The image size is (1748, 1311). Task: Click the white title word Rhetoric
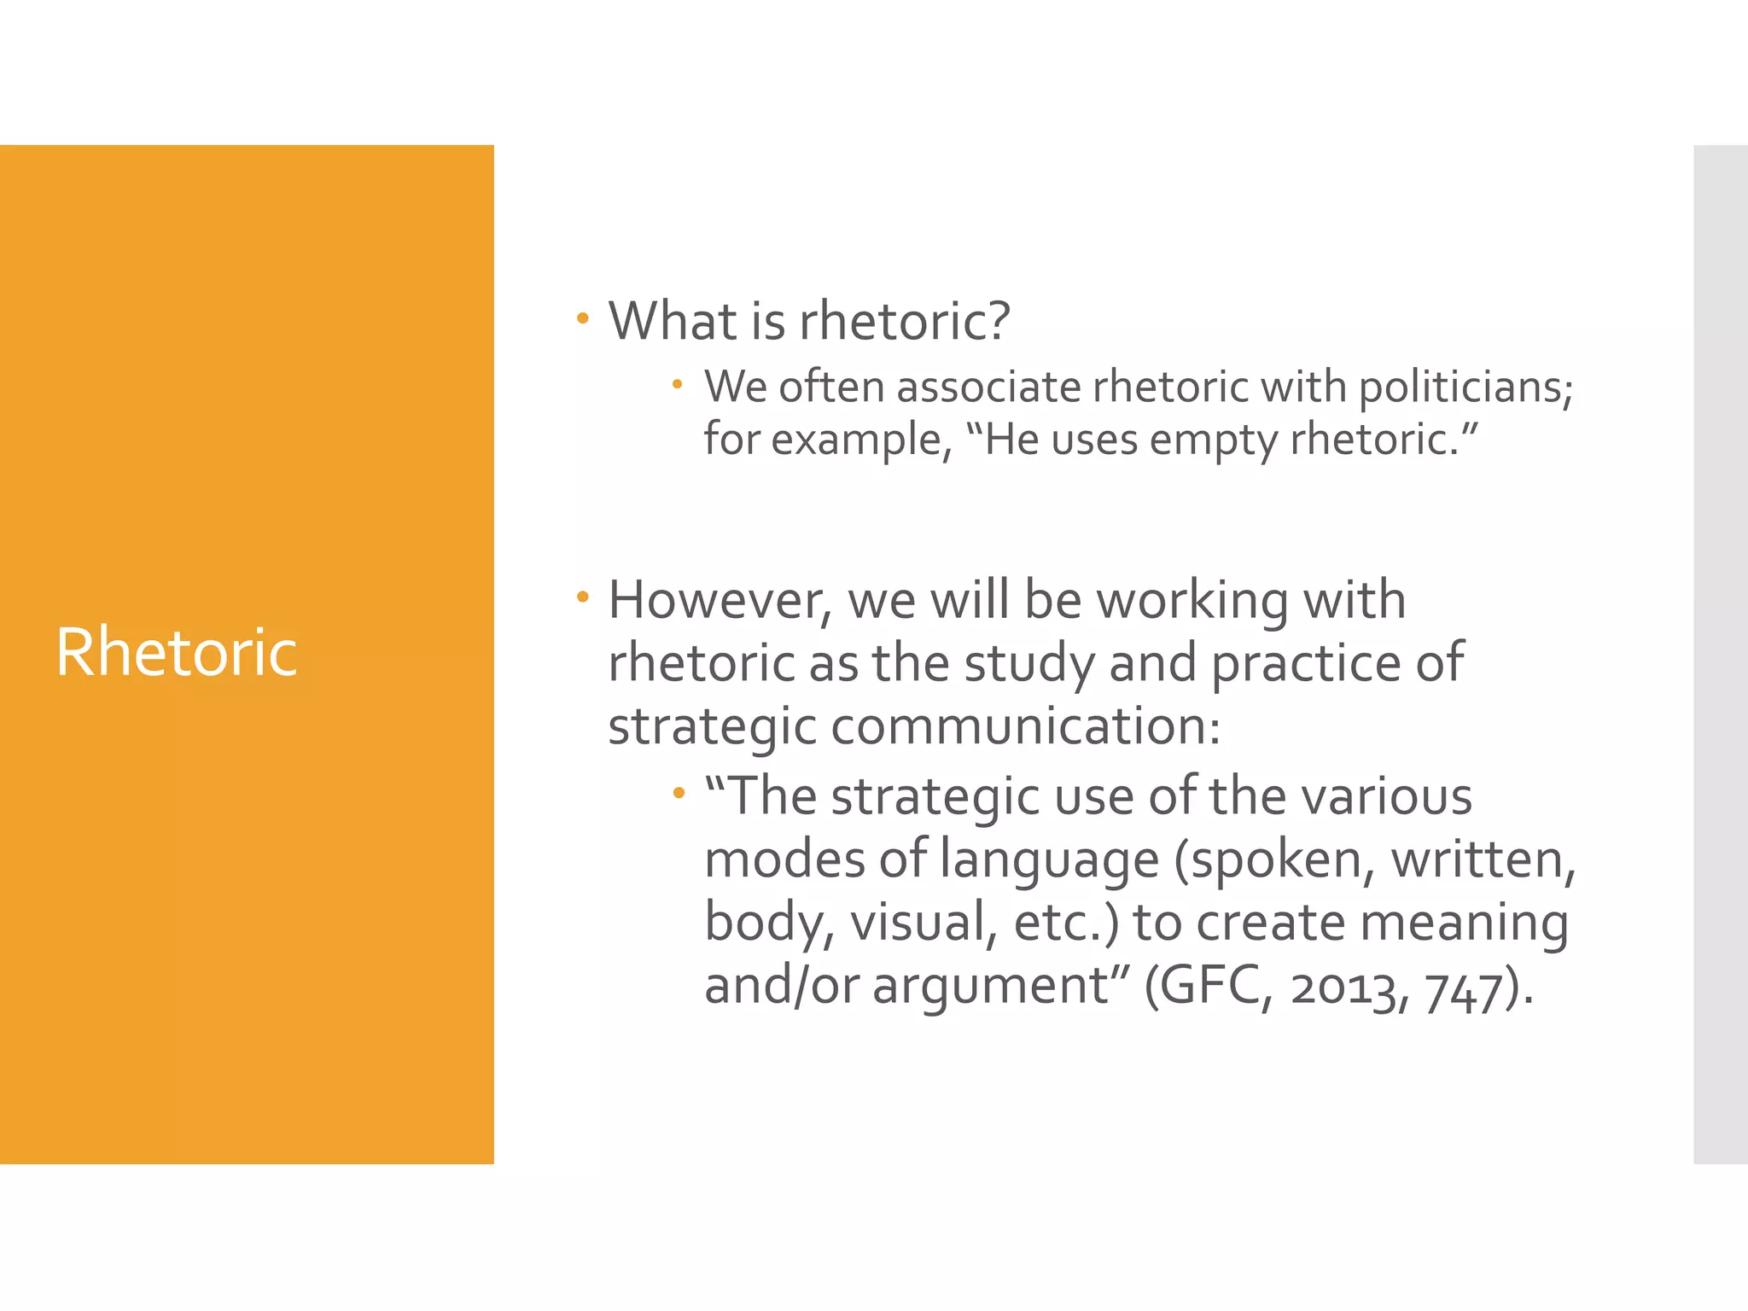177,653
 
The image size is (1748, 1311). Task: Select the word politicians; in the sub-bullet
1465,388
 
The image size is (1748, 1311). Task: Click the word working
1192,601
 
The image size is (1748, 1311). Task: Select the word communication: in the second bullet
1025,727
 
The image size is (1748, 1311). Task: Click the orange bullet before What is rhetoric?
583,319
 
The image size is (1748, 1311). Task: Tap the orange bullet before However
583,597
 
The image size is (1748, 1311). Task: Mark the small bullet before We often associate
677,385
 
